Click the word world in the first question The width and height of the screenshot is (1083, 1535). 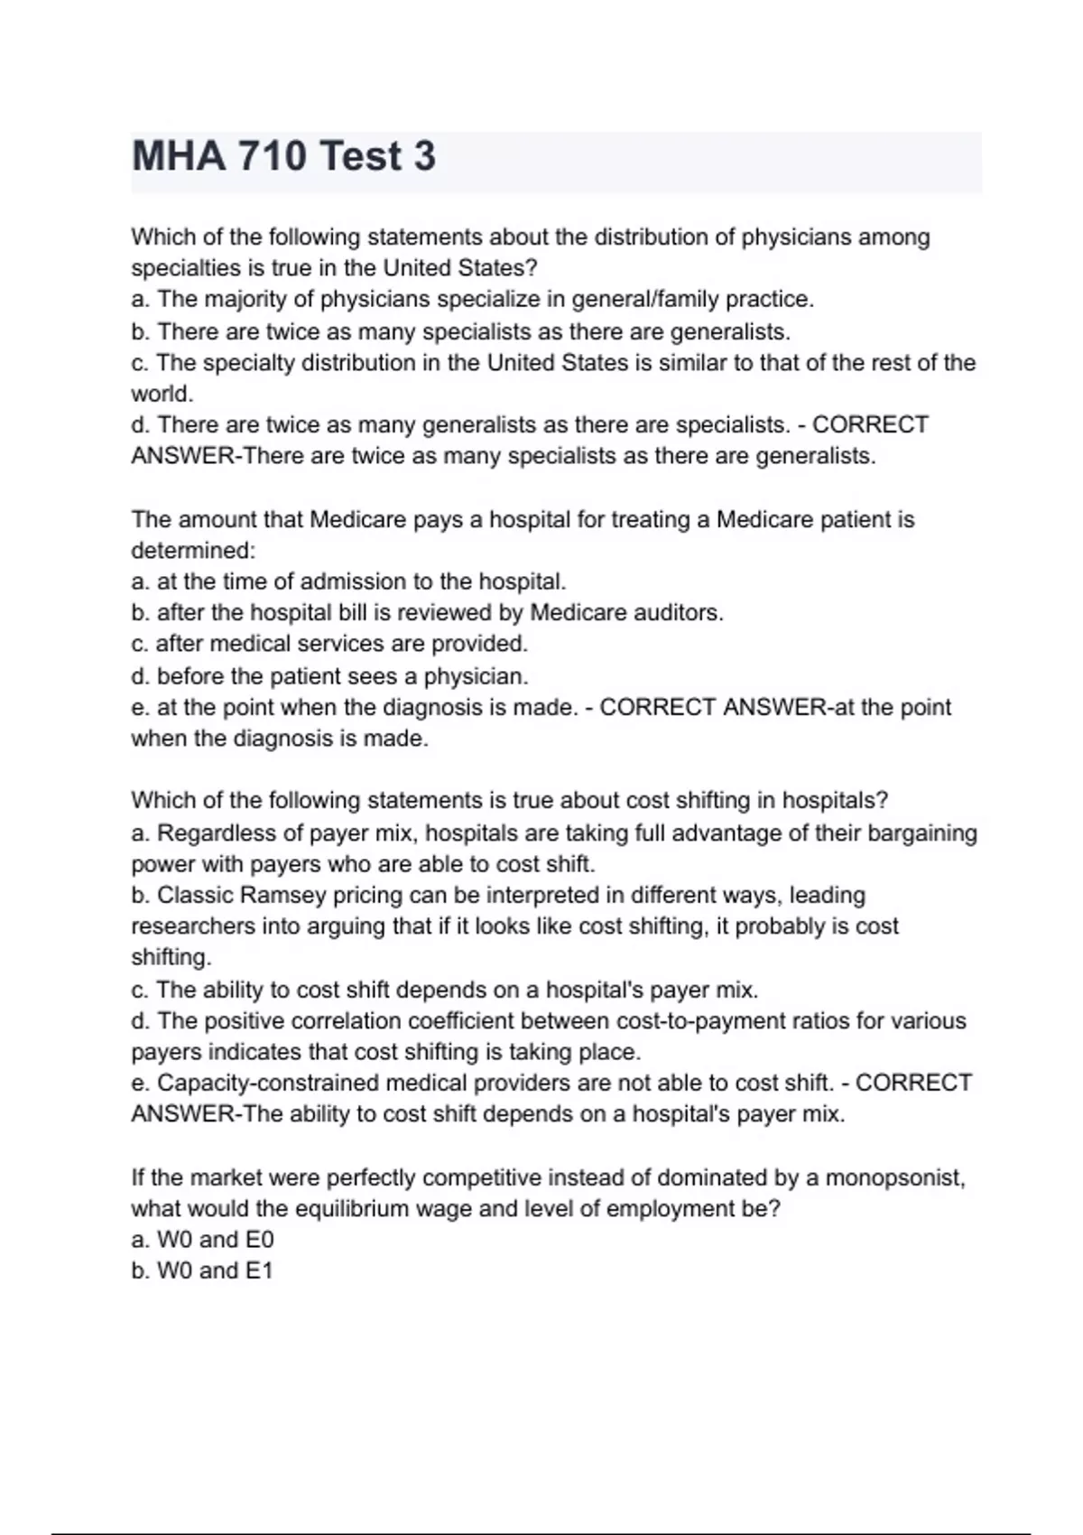(161, 394)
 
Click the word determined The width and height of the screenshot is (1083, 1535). (192, 551)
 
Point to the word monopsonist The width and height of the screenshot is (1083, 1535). (894, 1178)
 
